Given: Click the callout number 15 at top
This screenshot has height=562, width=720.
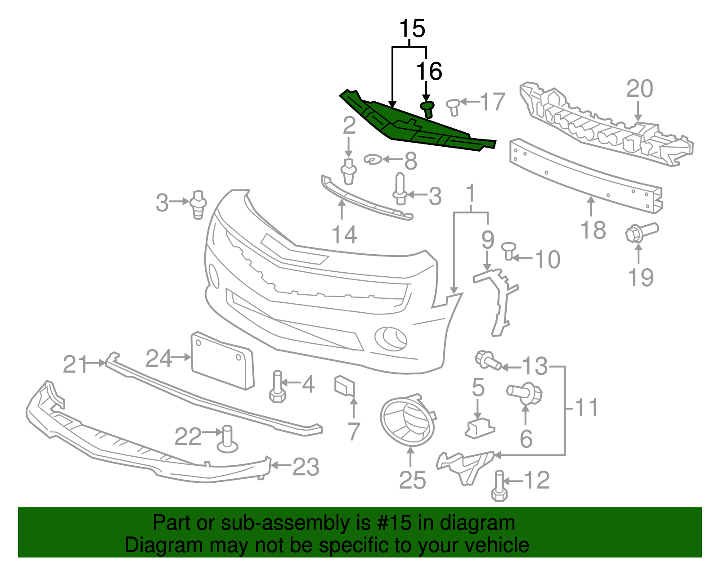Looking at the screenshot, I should [412, 29].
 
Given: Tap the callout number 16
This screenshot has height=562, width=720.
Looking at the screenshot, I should [429, 71].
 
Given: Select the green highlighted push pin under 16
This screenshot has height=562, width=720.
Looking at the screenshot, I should [427, 109].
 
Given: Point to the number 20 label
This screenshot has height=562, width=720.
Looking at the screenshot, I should [639, 89].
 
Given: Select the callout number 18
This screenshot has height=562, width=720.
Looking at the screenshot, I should [593, 230].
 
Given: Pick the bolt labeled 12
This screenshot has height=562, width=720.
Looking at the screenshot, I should [499, 487].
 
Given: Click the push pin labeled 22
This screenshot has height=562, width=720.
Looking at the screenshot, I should [227, 440].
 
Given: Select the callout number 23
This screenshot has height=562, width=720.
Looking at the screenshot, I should [306, 467].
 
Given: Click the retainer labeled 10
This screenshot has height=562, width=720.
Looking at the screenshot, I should [509, 250].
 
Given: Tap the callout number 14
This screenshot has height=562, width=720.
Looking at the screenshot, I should [344, 234].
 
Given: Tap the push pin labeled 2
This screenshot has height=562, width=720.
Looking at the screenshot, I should [349, 171].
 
